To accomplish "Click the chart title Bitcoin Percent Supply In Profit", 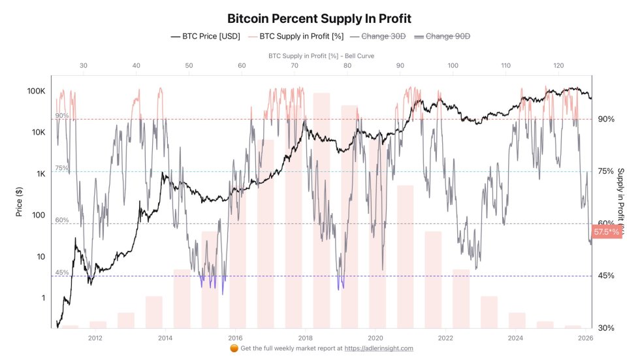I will point(319,19).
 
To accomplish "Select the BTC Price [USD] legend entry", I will point(204,37).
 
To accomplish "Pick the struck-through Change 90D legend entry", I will point(447,37).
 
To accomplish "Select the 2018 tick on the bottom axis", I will point(305,338).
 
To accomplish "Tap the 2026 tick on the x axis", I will point(586,338).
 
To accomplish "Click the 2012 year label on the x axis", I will point(95,338).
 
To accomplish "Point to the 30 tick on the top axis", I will point(83,65).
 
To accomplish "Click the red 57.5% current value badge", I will point(606,231).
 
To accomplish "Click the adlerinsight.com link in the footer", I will point(379,348).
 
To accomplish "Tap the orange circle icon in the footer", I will point(234,348).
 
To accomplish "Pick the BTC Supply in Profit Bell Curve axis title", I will point(321,56).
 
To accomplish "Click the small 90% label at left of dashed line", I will point(61,116).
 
